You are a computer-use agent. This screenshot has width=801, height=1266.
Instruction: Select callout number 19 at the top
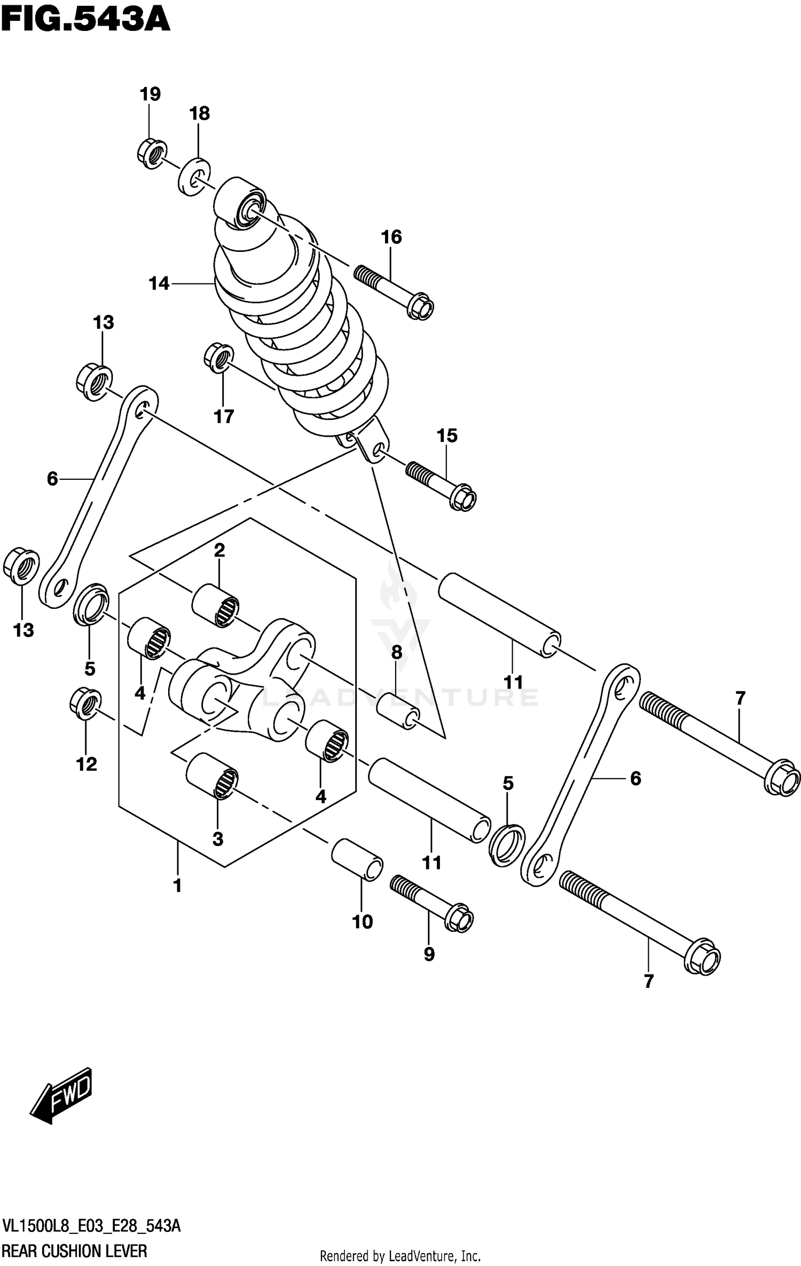click(x=150, y=94)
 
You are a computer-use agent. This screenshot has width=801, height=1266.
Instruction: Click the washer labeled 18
click(x=194, y=177)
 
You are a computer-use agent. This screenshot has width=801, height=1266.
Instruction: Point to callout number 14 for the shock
click(x=159, y=284)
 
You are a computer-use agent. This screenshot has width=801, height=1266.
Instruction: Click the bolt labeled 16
click(x=394, y=291)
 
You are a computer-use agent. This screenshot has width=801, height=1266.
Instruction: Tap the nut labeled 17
click(x=219, y=358)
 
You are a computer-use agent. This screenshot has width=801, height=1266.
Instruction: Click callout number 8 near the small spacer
click(x=396, y=652)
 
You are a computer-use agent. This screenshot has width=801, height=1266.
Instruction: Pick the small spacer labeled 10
click(x=357, y=859)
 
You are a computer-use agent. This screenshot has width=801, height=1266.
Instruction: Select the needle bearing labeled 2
click(x=216, y=605)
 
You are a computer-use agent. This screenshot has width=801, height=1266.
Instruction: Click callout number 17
click(x=224, y=416)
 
